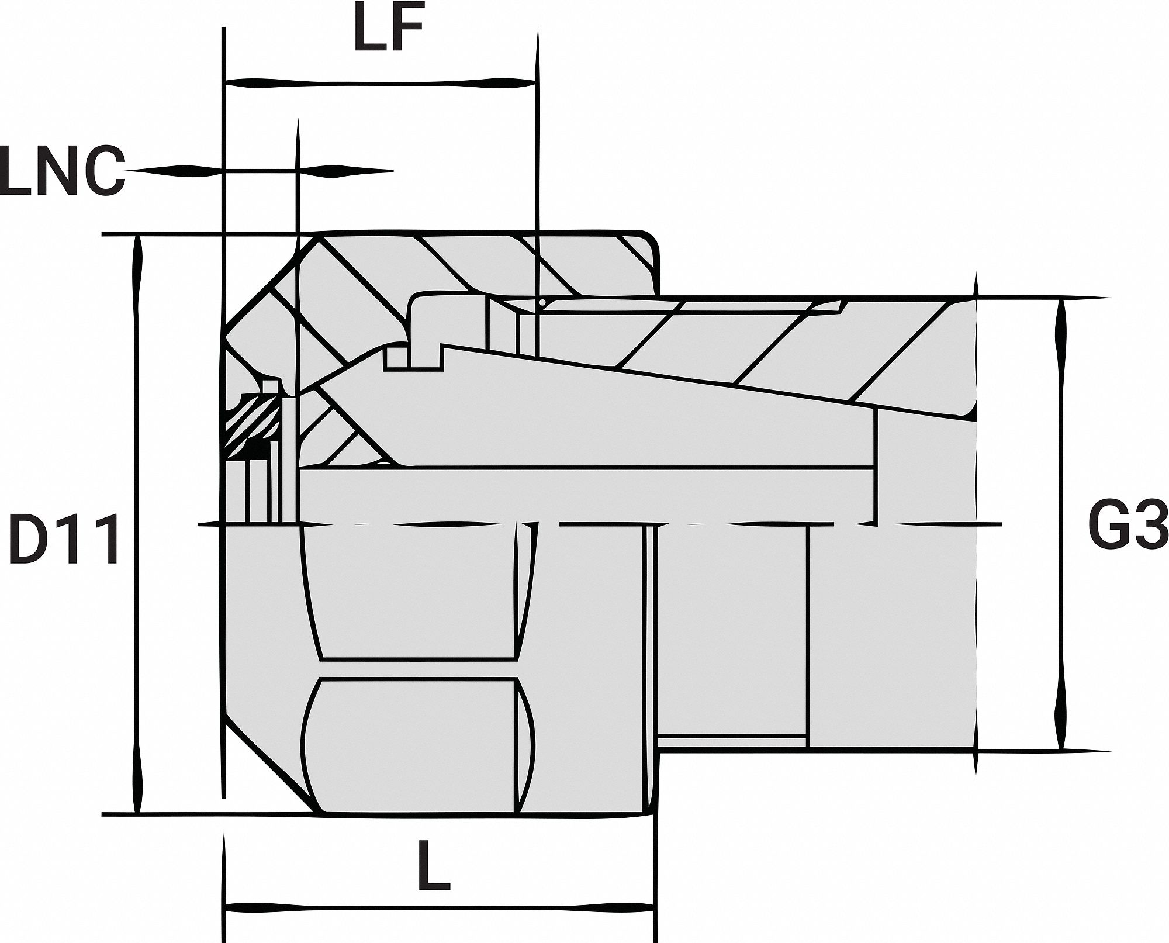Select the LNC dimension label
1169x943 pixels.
pos(63,172)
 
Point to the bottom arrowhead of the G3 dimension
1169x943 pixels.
pos(1061,728)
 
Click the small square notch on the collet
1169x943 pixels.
pos(396,358)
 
